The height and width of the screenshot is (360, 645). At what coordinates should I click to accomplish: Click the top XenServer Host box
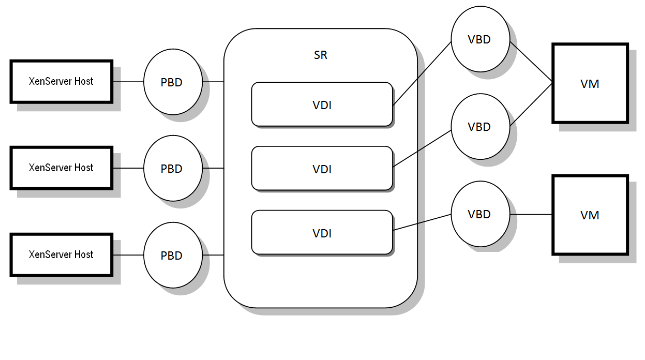61,81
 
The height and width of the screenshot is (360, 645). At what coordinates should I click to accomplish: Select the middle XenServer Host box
61,168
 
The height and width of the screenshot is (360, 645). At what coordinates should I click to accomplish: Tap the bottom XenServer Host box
61,254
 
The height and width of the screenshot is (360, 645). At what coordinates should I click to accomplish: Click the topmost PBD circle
172,82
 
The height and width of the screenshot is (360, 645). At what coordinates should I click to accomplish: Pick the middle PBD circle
172,169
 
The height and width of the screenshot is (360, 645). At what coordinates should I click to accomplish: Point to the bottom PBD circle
172,256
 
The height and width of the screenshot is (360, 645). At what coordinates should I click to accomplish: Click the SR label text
321,55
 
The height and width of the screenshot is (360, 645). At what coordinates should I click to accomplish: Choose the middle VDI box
322,169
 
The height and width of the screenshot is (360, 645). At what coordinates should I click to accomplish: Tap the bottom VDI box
322,233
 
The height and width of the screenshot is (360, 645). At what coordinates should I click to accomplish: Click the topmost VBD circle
479,39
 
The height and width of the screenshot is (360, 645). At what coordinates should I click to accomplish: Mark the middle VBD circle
479,127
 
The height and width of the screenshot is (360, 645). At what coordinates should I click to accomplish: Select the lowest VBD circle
479,214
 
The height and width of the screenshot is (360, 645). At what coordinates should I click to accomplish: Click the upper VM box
590,83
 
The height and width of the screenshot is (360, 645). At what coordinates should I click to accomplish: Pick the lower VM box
590,215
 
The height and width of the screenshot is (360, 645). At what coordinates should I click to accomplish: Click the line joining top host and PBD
128,82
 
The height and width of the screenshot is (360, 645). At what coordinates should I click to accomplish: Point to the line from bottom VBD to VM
531,214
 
